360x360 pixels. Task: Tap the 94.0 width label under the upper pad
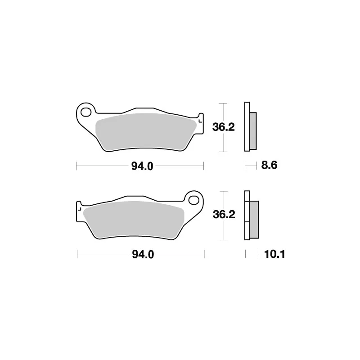pos(142,166)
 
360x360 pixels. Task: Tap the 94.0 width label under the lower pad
pos(143,254)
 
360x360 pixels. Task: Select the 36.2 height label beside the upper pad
pos(223,127)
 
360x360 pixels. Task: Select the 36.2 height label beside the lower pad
pos(224,215)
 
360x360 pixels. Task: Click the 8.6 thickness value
pos(269,165)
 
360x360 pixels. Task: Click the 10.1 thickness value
pos(274,254)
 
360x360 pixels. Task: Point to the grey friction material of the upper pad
pos(146,132)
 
